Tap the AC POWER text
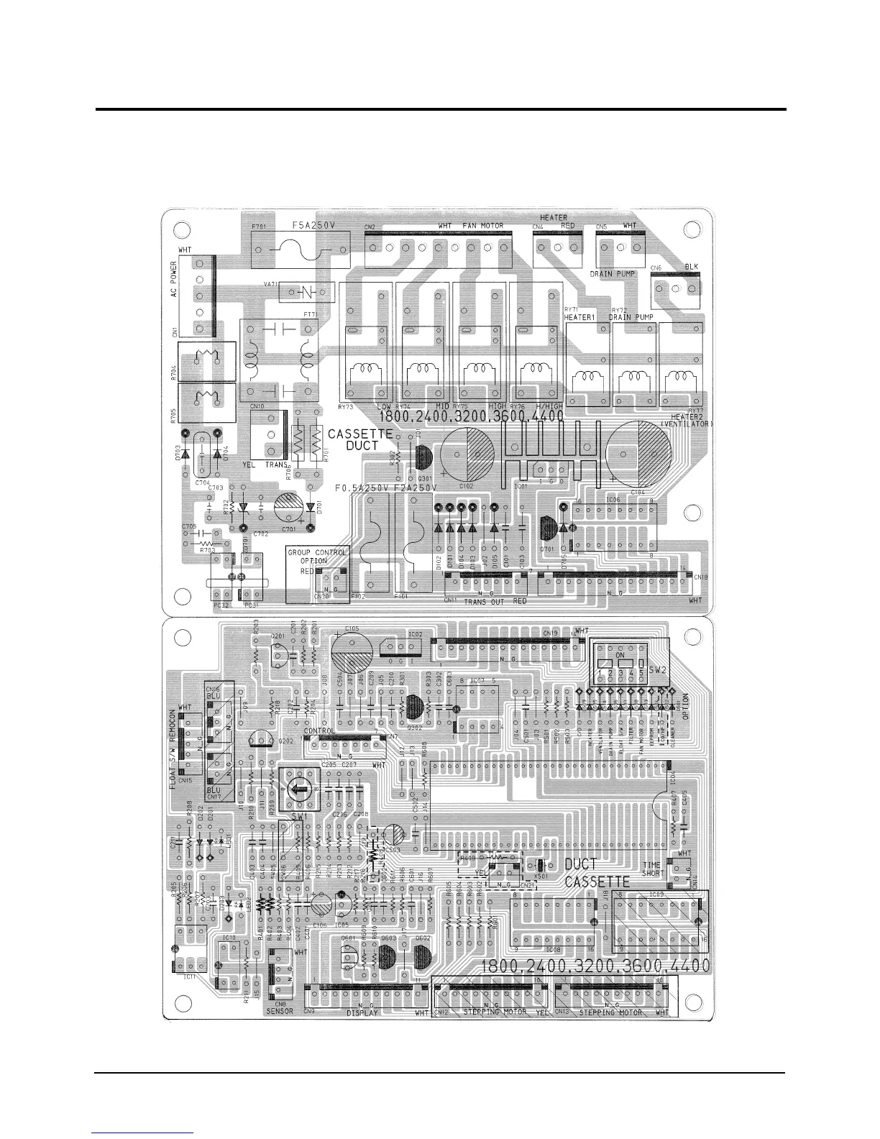pos(173,283)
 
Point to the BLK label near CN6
pos(691,267)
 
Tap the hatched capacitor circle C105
pos(352,654)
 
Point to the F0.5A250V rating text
pos(362,488)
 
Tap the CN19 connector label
pos(550,633)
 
